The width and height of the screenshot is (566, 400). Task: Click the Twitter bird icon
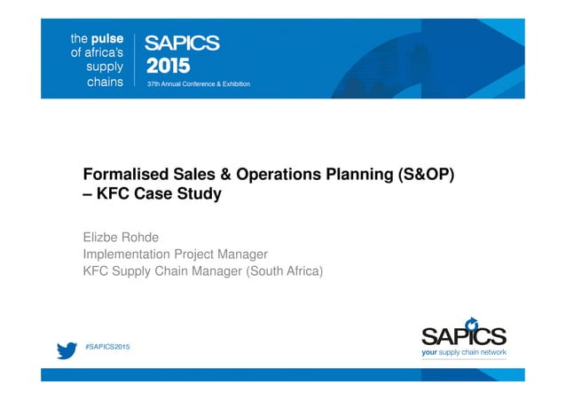point(66,350)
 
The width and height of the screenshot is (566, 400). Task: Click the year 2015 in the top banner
point(168,66)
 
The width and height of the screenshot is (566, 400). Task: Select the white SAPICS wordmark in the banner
point(182,43)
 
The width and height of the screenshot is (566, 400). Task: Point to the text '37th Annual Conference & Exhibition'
point(198,84)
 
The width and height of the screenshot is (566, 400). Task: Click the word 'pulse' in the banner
point(107,38)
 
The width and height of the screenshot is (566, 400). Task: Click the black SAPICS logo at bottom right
point(463,334)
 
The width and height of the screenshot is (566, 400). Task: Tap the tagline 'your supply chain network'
point(463,352)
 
